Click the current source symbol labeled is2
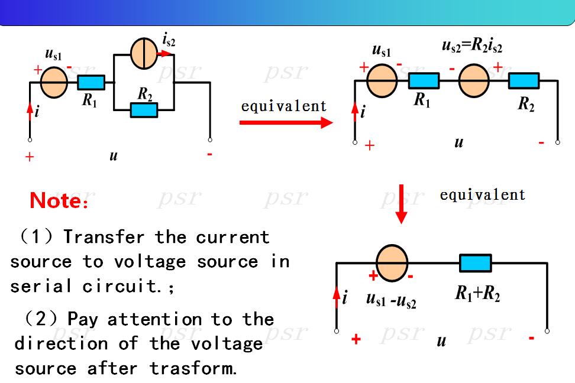coord(144,54)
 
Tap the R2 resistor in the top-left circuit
coord(144,110)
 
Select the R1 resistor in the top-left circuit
coord(91,83)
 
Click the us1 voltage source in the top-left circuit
coord(54,83)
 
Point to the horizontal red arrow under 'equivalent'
coord(286,122)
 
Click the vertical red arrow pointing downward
coord(402,204)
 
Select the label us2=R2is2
coord(472,46)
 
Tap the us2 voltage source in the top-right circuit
coord(474,80)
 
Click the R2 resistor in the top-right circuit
coord(524,80)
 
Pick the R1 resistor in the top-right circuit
coord(424,80)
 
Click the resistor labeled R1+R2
coord(475,263)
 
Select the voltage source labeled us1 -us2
coord(392,263)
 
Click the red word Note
coord(59,201)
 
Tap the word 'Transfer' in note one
coord(104,237)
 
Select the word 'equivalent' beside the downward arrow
coord(483,194)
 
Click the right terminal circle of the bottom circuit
coord(547,331)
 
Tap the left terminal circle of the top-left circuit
coord(30,139)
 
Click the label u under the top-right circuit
coord(458,142)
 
